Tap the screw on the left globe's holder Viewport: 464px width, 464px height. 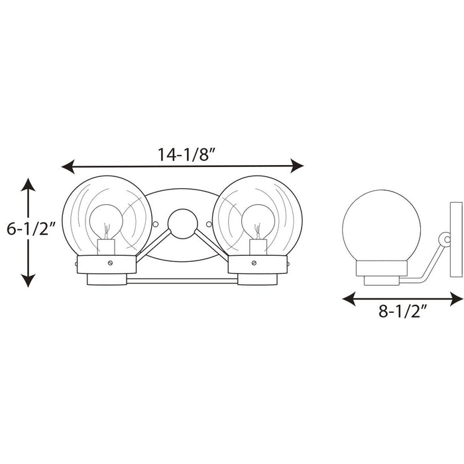(x=106, y=262)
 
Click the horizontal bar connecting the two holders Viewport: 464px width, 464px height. (x=181, y=282)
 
